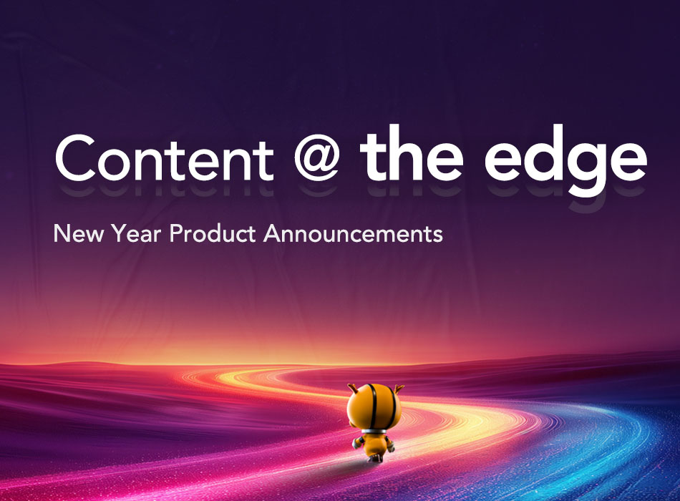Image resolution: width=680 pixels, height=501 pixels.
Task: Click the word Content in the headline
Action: coord(165,158)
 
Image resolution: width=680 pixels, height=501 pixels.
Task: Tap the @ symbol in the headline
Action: coord(316,160)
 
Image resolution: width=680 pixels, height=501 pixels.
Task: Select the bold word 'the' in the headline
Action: coord(412,154)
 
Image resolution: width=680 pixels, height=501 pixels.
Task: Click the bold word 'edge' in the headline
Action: coord(565,160)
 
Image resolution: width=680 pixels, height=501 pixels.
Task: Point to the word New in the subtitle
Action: coord(79,233)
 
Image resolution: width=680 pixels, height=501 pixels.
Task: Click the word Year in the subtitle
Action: coord(136,233)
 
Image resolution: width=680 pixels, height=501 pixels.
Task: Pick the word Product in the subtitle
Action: coord(213,233)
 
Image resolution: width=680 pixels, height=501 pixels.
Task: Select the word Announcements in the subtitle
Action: coord(353,233)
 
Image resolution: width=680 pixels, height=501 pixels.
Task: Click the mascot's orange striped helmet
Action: coord(374,407)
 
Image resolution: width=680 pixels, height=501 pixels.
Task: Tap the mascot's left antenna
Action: coord(352,388)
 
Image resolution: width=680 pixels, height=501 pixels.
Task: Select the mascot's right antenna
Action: coord(399,388)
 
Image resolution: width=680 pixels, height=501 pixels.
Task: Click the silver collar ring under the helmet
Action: coord(374,431)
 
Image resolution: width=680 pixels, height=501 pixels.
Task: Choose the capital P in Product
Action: coord(175,233)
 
